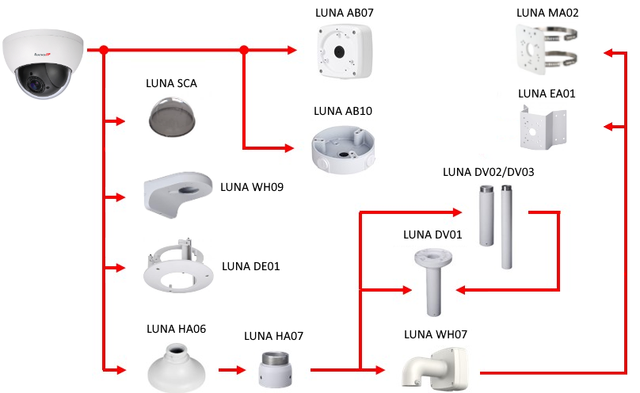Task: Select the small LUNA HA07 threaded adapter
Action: pyautogui.click(x=273, y=368)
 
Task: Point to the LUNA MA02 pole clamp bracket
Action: pyautogui.click(x=546, y=49)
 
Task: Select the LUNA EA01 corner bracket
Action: pyautogui.click(x=546, y=128)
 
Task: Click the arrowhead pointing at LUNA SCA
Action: pyautogui.click(x=121, y=121)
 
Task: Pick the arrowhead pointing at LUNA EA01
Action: pyautogui.click(x=608, y=126)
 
